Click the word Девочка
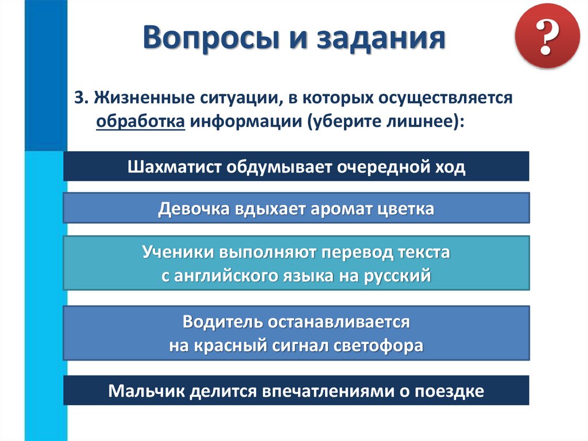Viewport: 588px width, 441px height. coord(194,208)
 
